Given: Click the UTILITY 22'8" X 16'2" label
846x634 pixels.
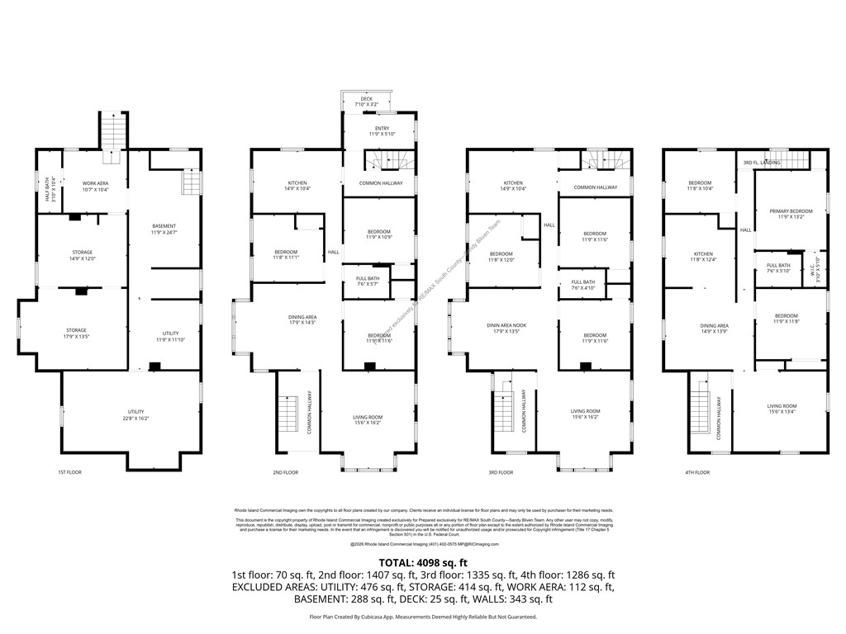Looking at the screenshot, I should (136, 415).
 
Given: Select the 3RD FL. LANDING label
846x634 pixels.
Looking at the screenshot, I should (761, 162).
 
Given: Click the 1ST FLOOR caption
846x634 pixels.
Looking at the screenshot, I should (69, 472).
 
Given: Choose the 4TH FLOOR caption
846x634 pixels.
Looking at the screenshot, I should (697, 472).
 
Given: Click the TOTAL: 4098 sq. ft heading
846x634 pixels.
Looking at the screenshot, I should (423, 562).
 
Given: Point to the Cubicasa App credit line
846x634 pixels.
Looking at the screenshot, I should (423, 617).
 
